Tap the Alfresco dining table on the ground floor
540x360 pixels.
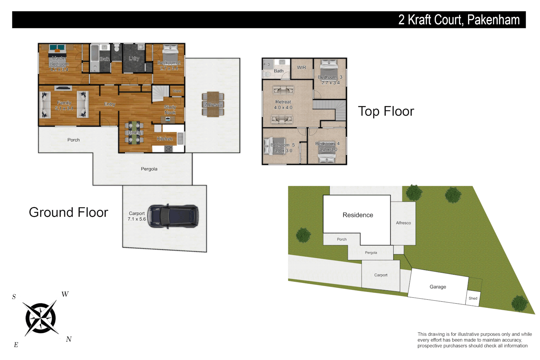[x=213, y=104]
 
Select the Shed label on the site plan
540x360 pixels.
[x=473, y=298]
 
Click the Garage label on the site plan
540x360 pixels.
[x=438, y=287]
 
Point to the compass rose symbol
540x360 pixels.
[x=41, y=318]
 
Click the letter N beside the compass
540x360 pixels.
[x=69, y=339]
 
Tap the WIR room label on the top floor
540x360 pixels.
[x=301, y=67]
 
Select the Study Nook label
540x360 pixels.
[x=170, y=110]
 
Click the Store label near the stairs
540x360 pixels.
[x=177, y=91]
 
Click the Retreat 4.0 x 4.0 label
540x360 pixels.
[x=283, y=105]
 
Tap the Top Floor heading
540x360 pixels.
[x=386, y=111]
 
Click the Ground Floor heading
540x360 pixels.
[x=68, y=212]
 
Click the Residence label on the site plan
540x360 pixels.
[x=358, y=215]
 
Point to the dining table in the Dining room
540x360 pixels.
[x=134, y=133]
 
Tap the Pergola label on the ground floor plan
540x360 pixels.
[x=149, y=169]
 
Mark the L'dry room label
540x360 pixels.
[x=134, y=58]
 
